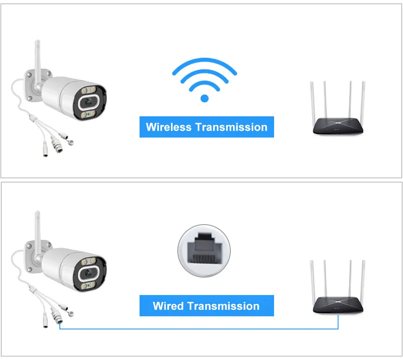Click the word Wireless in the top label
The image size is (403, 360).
pyautogui.click(x=168, y=127)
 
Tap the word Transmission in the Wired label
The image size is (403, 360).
pyautogui.click(x=223, y=306)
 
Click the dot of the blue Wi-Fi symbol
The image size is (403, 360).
pyautogui.click(x=204, y=98)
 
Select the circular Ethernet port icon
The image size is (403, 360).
pyautogui.click(x=204, y=250)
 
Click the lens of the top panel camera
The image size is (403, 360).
pyautogui.click(x=88, y=102)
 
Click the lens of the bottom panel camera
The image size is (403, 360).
pyautogui.click(x=88, y=273)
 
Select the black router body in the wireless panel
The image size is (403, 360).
pyautogui.click(x=338, y=126)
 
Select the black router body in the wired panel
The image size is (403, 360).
pyautogui.click(x=338, y=305)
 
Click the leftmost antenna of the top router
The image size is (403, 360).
pyautogui.click(x=312, y=103)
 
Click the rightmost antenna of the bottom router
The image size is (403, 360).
pyautogui.click(x=363, y=281)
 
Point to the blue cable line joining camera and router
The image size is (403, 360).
pyautogui.click(x=199, y=329)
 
